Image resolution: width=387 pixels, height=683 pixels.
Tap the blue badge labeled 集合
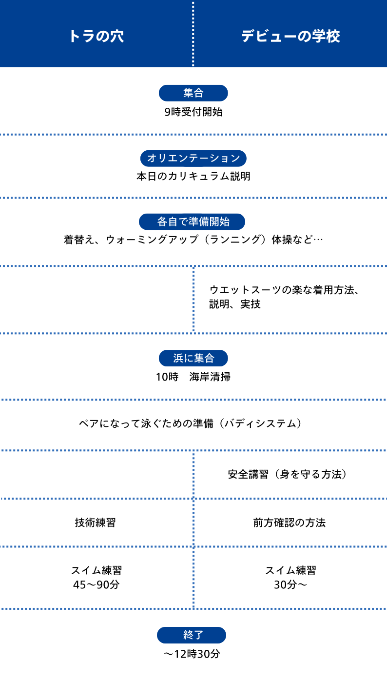[x=193, y=93]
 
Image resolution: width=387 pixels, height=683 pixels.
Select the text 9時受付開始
[x=193, y=112]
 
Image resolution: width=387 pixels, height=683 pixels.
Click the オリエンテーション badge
[x=193, y=158]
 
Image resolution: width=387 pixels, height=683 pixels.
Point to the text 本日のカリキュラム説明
[x=193, y=176]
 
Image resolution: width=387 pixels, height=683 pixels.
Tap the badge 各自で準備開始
[x=192, y=221]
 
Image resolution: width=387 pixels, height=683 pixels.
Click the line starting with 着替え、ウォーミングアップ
[x=193, y=240]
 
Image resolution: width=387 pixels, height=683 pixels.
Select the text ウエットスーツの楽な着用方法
[x=284, y=290]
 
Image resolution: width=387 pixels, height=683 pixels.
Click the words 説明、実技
[x=235, y=304]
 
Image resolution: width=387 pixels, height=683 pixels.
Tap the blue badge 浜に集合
[x=193, y=359]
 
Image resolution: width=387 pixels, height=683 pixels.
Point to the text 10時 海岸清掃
[x=193, y=377]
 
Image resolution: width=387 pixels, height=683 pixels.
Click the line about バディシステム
[x=190, y=423]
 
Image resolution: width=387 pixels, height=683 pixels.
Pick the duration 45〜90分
[x=96, y=584]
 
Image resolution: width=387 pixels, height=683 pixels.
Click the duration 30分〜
[x=290, y=584]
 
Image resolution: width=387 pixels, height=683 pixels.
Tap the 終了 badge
[x=192, y=635]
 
